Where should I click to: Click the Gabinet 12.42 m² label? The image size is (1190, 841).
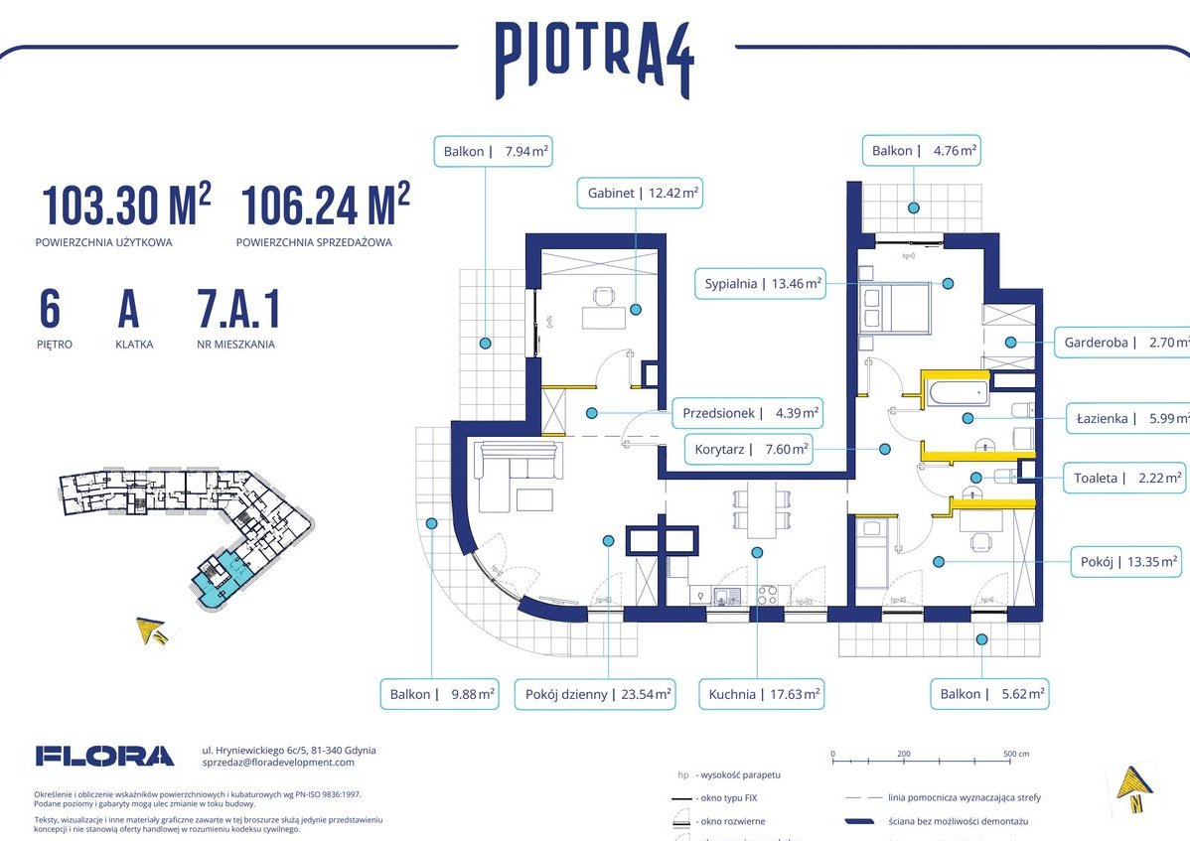tap(640, 194)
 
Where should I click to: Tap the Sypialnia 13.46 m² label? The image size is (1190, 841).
tap(763, 284)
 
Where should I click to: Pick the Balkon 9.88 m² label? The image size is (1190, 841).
tap(439, 695)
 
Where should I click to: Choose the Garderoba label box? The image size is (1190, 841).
tap(1121, 342)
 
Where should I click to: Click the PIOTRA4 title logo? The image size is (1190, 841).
tap(594, 59)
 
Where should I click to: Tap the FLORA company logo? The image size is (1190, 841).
tap(104, 756)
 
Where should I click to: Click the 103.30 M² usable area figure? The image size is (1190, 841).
tap(126, 206)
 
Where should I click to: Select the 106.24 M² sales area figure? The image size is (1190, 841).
tap(325, 206)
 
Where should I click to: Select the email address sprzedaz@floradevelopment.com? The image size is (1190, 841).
tap(277, 762)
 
